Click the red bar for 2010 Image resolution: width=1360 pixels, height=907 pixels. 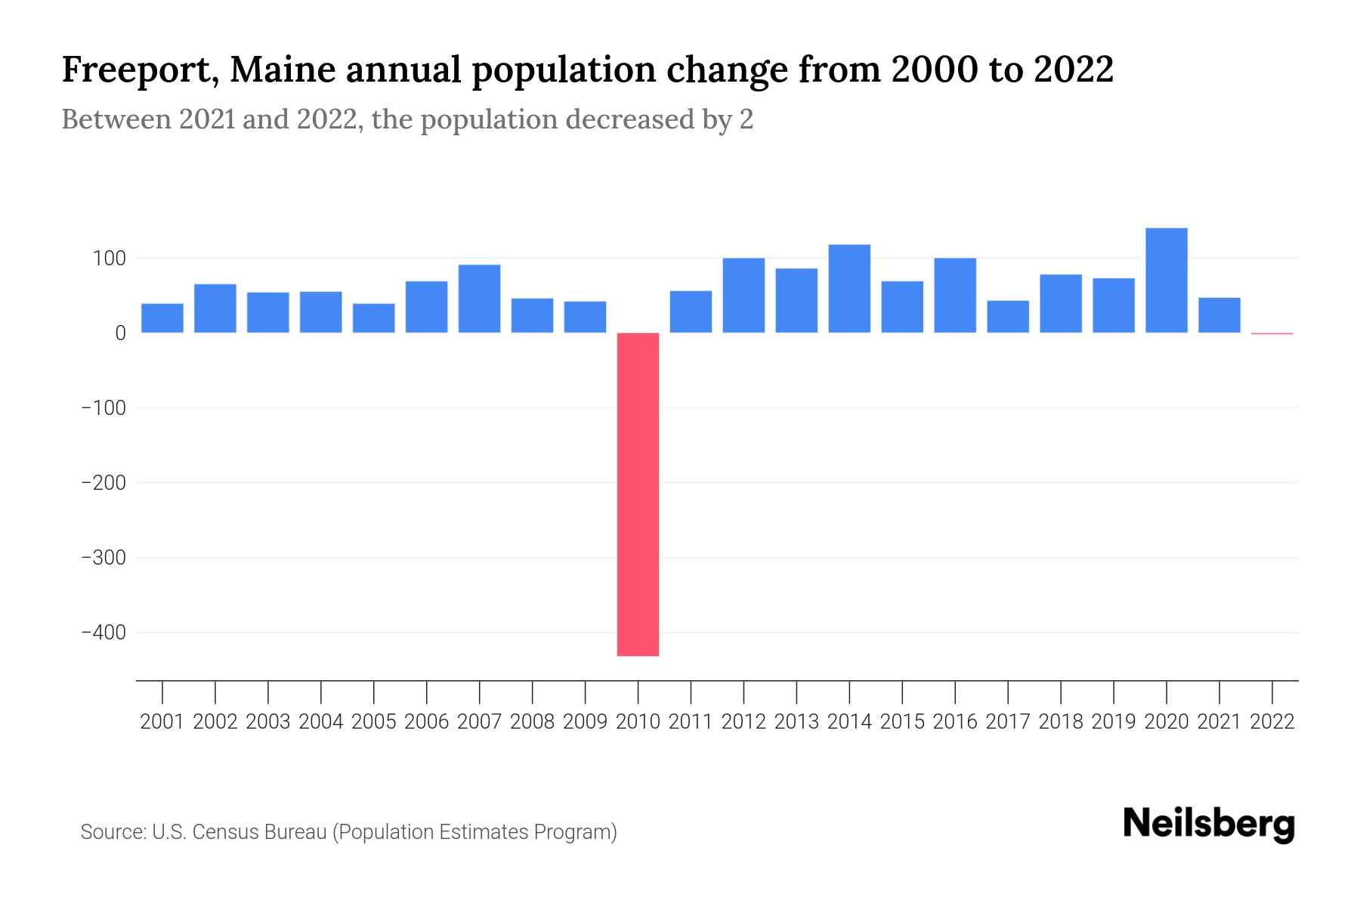click(x=638, y=494)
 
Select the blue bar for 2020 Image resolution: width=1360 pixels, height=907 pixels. click(x=1166, y=280)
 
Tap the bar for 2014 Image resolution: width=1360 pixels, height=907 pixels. click(x=849, y=289)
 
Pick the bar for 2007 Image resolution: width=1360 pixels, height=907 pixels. click(x=479, y=299)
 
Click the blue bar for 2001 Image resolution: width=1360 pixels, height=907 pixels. click(x=162, y=318)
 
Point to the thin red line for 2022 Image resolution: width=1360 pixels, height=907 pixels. click(x=1272, y=333)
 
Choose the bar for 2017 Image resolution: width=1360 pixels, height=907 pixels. click(x=1007, y=317)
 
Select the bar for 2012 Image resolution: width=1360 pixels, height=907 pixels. click(x=743, y=296)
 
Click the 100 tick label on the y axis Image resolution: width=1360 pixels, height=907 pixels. click(x=109, y=258)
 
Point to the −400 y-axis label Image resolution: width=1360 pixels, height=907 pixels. click(x=104, y=632)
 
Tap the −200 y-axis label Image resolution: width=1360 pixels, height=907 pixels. click(x=104, y=482)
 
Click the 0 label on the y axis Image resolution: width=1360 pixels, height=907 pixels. click(x=120, y=333)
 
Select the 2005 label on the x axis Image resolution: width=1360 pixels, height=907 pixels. click(x=374, y=722)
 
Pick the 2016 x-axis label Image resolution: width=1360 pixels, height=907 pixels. click(x=955, y=722)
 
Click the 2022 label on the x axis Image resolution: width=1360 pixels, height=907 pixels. click(x=1272, y=722)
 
